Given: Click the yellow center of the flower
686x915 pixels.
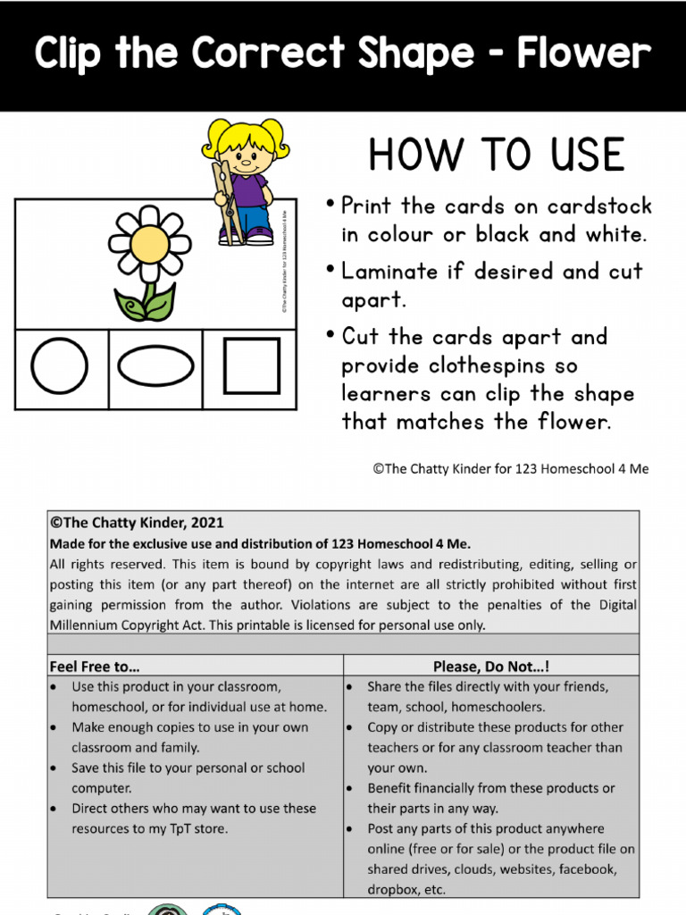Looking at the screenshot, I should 149,243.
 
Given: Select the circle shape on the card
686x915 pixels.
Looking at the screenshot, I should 60,366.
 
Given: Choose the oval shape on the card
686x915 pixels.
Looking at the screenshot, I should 155,366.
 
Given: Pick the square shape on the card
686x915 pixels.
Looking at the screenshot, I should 251,365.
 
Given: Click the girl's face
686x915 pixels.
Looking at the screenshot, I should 246,160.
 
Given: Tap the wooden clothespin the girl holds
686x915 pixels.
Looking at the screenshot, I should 225,202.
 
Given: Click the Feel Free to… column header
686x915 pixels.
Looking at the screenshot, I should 95,666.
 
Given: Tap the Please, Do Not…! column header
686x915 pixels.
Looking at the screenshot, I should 491,666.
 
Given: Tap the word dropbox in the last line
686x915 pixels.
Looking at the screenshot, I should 394,889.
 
